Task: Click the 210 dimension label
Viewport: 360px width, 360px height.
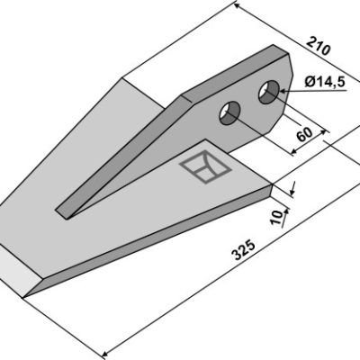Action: (x=319, y=46)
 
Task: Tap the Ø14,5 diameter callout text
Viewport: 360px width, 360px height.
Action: (x=325, y=82)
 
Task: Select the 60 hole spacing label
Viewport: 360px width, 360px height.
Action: (x=304, y=135)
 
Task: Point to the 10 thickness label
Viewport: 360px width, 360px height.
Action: (x=276, y=217)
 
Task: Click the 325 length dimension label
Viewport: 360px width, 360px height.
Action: (x=244, y=249)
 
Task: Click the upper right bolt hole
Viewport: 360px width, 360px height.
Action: (x=269, y=92)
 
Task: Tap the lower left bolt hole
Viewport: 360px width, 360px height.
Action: (x=229, y=112)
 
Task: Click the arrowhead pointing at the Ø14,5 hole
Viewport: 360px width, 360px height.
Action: (x=283, y=91)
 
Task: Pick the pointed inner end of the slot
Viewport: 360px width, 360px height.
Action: (x=70, y=218)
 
